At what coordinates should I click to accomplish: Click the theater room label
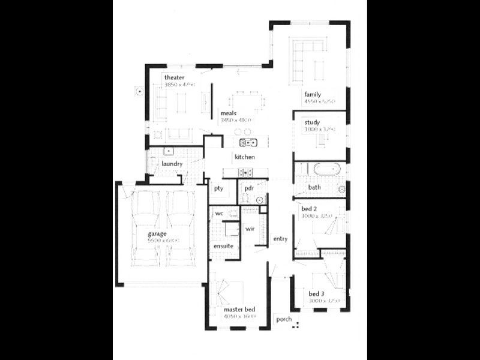(x=174, y=77)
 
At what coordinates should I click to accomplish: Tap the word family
(x=313, y=94)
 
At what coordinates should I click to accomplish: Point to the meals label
(x=228, y=113)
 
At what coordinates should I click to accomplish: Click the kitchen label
(x=245, y=157)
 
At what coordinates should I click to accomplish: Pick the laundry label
(x=172, y=163)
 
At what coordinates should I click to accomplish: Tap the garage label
(x=157, y=233)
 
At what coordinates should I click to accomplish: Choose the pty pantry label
(x=218, y=188)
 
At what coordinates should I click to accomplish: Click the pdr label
(x=249, y=188)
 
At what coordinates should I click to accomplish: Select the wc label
(x=219, y=213)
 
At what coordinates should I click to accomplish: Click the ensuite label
(x=223, y=246)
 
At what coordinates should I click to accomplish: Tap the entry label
(x=280, y=239)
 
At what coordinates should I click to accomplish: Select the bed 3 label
(x=317, y=293)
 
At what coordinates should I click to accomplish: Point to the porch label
(x=284, y=319)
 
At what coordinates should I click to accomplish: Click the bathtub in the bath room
(x=320, y=169)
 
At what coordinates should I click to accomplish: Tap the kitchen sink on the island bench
(x=248, y=142)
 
